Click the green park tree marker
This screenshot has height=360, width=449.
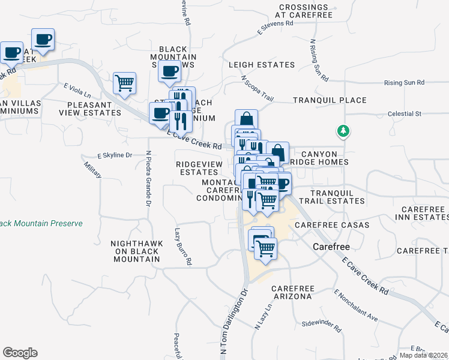click(x=343, y=130)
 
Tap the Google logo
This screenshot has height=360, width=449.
click(x=20, y=353)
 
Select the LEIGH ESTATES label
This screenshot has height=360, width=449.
click(x=262, y=65)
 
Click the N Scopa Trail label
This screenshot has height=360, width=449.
click(x=258, y=88)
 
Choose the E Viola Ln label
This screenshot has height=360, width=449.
click(x=77, y=91)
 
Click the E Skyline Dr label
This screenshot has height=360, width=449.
click(x=113, y=155)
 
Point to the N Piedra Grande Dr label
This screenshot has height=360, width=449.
click(x=148, y=178)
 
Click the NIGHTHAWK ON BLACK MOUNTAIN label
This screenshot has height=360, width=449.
click(x=135, y=251)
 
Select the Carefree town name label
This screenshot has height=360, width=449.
click(x=331, y=247)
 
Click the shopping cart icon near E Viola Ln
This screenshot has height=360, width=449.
click(x=124, y=83)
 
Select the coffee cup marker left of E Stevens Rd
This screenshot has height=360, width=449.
click(x=169, y=71)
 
